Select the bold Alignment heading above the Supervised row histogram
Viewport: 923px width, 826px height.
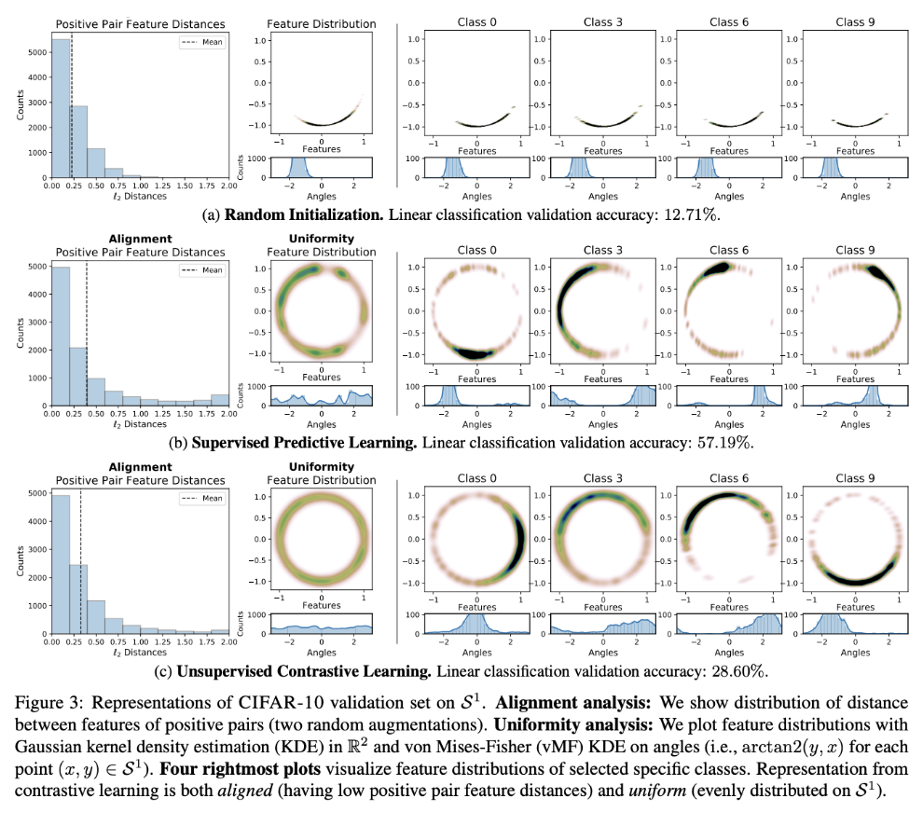coord(140,239)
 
